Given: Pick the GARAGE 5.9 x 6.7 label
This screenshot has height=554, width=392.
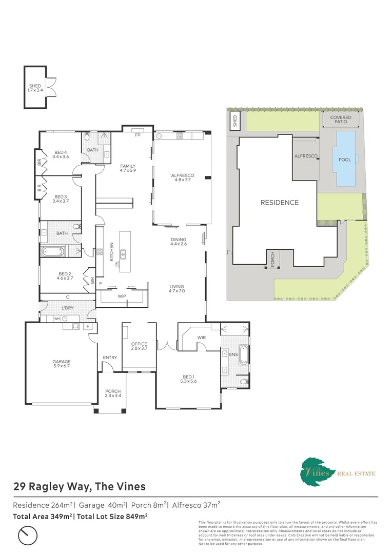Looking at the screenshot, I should tap(61, 363).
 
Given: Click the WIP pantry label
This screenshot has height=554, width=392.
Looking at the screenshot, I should tap(122, 296).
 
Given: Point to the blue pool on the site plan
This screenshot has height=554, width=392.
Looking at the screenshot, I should tap(345, 160).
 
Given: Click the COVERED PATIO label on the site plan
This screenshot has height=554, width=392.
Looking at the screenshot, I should tap(341, 121).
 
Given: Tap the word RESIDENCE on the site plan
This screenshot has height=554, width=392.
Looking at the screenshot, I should tap(280, 202).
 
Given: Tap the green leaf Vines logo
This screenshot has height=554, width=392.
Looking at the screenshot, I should tap(314, 469).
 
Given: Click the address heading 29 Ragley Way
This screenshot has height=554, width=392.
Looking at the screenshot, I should tap(79, 486).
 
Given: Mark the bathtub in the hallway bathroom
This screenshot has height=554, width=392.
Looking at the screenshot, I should tap(53, 251).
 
